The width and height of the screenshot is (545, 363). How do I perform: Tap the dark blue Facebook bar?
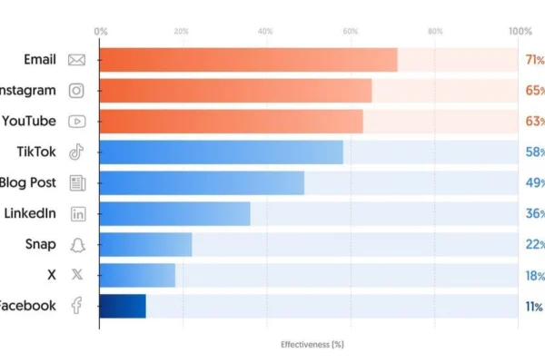coord(123,306)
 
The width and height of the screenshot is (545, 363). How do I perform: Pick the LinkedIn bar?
coord(174,213)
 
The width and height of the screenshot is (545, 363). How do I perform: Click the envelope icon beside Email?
coord(76,60)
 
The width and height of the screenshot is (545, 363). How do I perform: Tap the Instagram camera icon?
coord(76,91)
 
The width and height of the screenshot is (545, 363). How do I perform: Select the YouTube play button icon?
coord(76,121)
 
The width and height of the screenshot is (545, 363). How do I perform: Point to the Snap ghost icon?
coord(76,244)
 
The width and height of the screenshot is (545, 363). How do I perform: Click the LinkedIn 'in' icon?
coord(76,213)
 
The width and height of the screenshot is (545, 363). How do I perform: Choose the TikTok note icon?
coord(76,152)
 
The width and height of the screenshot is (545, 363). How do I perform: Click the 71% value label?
coord(534,60)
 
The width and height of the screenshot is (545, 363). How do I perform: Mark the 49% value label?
coord(534,182)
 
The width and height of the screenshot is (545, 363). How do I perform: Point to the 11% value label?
coord(534,306)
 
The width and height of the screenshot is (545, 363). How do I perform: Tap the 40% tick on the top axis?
coord(265,31)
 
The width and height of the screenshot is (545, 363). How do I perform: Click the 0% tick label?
coord(101,31)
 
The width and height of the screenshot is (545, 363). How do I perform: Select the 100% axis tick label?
coord(520,31)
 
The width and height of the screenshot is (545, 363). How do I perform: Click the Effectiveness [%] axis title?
coord(312,344)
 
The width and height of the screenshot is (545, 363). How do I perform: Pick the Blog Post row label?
coord(27,182)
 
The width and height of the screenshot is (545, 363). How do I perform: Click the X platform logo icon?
coord(76,274)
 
